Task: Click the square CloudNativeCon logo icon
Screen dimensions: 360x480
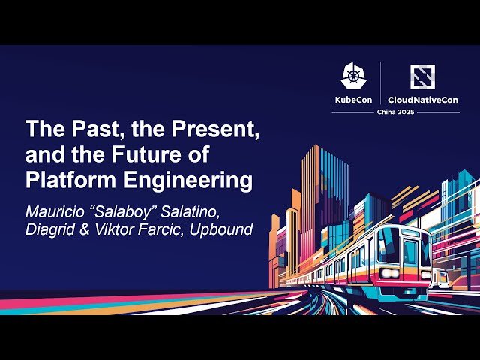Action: [422, 76]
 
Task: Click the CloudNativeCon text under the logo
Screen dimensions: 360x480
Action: [423, 99]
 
